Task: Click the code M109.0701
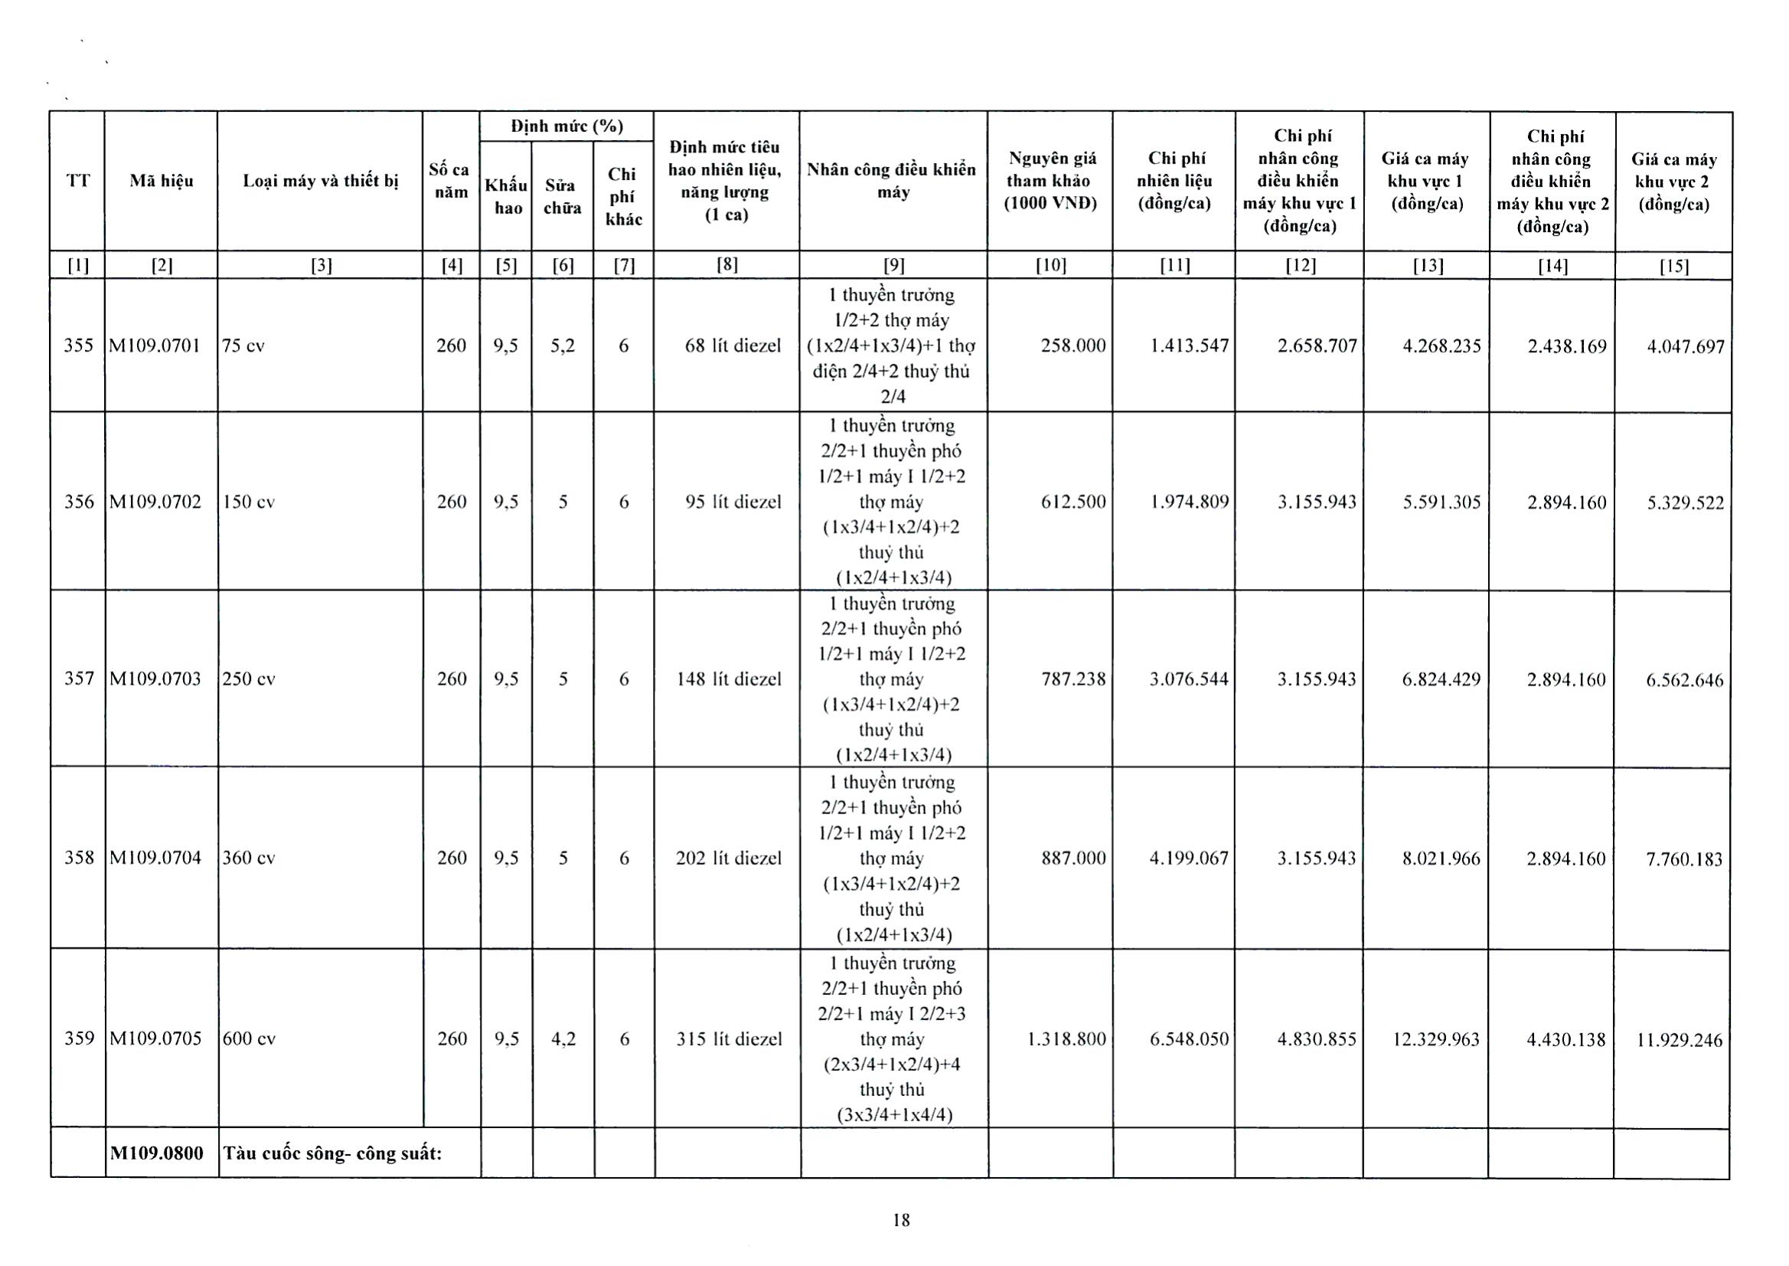pyautogui.click(x=156, y=345)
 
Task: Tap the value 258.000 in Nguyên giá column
pyautogui.click(x=1072, y=345)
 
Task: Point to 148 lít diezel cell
pyautogui.click(x=728, y=679)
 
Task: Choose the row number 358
pyautogui.click(x=79, y=858)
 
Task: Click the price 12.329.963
pyautogui.click(x=1435, y=1039)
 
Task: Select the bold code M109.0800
pyautogui.click(x=157, y=1153)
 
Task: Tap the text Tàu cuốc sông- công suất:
pyautogui.click(x=333, y=1153)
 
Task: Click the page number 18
pyautogui.click(x=901, y=1220)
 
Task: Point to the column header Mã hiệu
pyautogui.click(x=162, y=181)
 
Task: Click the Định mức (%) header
pyautogui.click(x=566, y=126)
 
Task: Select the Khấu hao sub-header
pyautogui.click(x=507, y=196)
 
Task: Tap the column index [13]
pyautogui.click(x=1428, y=266)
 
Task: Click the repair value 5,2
pyautogui.click(x=563, y=345)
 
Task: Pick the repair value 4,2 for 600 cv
pyautogui.click(x=563, y=1039)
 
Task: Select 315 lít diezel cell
pyautogui.click(x=729, y=1039)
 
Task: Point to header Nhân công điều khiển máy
pyautogui.click(x=892, y=181)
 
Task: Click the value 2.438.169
pyautogui.click(x=1566, y=346)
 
